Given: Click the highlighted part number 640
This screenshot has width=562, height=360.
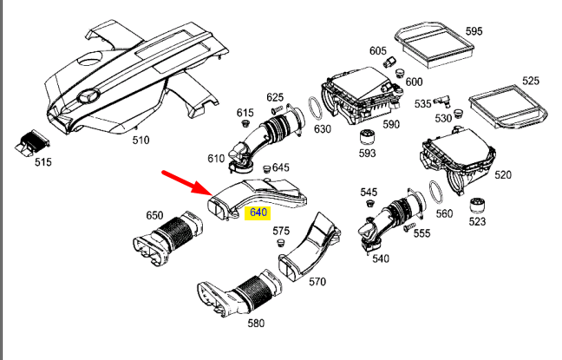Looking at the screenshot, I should [258, 212].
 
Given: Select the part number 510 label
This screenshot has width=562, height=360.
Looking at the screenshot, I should [140, 140].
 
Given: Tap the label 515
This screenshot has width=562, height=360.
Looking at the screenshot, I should [42, 162].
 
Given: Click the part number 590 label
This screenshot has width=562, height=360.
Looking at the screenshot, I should [391, 124].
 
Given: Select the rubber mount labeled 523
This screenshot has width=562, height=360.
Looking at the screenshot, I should [477, 208].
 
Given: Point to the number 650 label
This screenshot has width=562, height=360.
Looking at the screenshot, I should [154, 215].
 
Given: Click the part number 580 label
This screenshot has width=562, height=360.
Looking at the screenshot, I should [256, 323].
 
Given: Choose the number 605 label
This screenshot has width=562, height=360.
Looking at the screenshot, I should [377, 51].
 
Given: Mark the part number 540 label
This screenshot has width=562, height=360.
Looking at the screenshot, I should [380, 258].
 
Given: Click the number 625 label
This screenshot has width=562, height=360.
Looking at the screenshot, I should [275, 97].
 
